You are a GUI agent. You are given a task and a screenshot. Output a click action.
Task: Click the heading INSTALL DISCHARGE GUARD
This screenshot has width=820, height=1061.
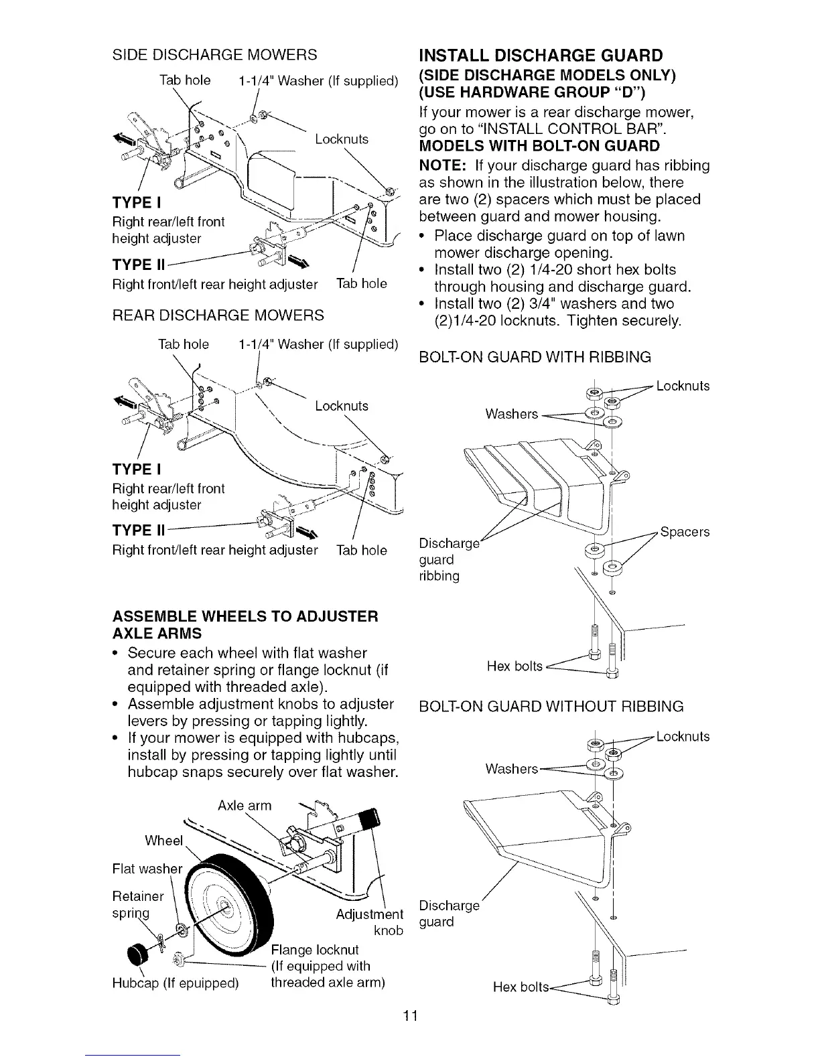pos(540,55)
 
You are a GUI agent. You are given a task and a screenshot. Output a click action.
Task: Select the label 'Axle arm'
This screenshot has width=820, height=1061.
pos(245,805)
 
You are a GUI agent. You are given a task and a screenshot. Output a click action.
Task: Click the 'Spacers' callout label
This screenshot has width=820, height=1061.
pos(685,533)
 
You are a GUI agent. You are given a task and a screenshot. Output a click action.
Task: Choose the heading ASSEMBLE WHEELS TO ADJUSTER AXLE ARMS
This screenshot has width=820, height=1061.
pos(245,624)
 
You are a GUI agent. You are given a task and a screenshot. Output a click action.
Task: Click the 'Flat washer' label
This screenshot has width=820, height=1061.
pos(147,869)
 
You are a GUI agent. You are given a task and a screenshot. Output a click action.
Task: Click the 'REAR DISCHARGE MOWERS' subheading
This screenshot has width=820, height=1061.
pos(217,315)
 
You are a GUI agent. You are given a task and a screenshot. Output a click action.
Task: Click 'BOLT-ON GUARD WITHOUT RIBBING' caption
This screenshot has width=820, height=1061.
pos(551,706)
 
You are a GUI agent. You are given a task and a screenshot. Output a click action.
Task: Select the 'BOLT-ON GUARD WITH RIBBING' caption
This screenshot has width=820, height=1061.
pos(535,357)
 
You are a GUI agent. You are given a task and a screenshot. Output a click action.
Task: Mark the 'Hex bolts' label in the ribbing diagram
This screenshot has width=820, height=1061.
pos(514,666)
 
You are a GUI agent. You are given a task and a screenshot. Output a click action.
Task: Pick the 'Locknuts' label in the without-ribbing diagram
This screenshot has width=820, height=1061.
pos(683,737)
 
